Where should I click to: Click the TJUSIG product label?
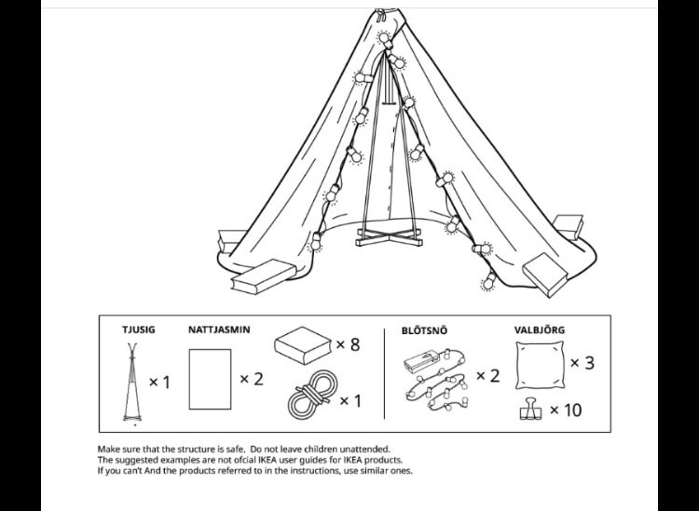pyautogui.click(x=139, y=329)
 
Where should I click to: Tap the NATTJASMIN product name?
pyautogui.click(x=219, y=329)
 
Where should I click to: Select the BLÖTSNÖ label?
pyautogui.click(x=424, y=330)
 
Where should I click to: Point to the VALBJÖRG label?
pyautogui.click(x=540, y=329)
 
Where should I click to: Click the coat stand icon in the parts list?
pyautogui.click(x=132, y=382)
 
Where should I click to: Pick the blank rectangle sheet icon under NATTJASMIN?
pyautogui.click(x=210, y=379)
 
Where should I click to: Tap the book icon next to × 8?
pyautogui.click(x=303, y=345)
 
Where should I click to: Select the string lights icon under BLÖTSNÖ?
pyautogui.click(x=435, y=378)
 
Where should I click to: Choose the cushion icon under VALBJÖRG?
pyautogui.click(x=540, y=366)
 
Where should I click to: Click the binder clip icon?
pyautogui.click(x=530, y=409)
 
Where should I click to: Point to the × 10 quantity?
pyautogui.click(x=566, y=410)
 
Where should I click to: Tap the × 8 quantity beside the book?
pyautogui.click(x=348, y=344)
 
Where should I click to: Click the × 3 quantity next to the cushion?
pyautogui.click(x=582, y=363)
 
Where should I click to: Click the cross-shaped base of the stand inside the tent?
pyautogui.click(x=390, y=236)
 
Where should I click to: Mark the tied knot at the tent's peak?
pyautogui.click(x=380, y=16)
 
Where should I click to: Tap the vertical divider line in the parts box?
pyautogui.click(x=384, y=374)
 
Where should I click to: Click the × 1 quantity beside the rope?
pyautogui.click(x=350, y=401)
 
